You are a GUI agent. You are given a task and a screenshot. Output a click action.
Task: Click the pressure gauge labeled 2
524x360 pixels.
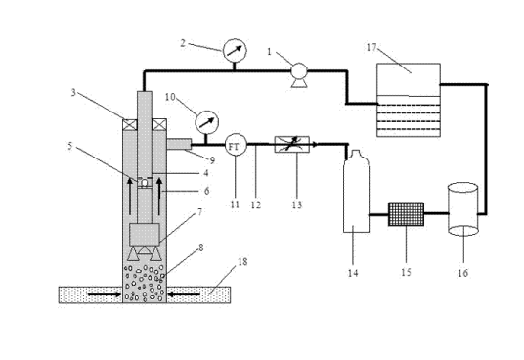[235, 50]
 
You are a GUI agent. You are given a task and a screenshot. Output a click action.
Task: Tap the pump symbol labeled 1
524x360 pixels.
[299, 74]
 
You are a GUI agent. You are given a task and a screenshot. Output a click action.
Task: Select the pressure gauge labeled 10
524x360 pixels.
[206, 122]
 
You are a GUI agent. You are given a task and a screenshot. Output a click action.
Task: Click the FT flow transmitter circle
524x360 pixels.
[236, 145]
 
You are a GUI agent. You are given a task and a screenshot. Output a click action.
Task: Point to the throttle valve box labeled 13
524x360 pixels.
[292, 144]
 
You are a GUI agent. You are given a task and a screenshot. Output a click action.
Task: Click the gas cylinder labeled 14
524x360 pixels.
[356, 191]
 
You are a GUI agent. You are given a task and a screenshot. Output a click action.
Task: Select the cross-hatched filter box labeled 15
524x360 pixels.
[406, 214]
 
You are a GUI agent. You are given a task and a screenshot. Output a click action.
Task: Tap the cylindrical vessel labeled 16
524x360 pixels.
[463, 208]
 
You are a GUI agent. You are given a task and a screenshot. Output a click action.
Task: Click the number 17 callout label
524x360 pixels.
[371, 48]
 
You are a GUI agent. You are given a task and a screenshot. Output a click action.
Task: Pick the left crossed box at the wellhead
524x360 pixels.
[130, 124]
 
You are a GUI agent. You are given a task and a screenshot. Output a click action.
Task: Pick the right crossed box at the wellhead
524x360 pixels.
[159, 124]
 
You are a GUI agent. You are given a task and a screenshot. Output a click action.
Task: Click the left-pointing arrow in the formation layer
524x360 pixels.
[185, 294]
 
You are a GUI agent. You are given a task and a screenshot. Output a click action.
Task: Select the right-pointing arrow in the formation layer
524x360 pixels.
[105, 294]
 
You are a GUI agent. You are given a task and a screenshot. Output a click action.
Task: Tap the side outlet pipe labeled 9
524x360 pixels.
[179, 144]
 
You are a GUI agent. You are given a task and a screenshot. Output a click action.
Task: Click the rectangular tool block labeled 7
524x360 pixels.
[145, 235]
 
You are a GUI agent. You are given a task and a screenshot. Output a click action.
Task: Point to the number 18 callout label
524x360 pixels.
[242, 261]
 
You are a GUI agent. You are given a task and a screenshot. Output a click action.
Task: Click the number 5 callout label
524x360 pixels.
[69, 146]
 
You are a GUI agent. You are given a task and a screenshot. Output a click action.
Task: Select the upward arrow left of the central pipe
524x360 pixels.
[130, 197]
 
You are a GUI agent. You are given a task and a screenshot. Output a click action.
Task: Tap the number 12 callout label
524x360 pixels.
[256, 204]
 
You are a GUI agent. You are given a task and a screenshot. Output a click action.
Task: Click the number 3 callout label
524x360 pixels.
[73, 92]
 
